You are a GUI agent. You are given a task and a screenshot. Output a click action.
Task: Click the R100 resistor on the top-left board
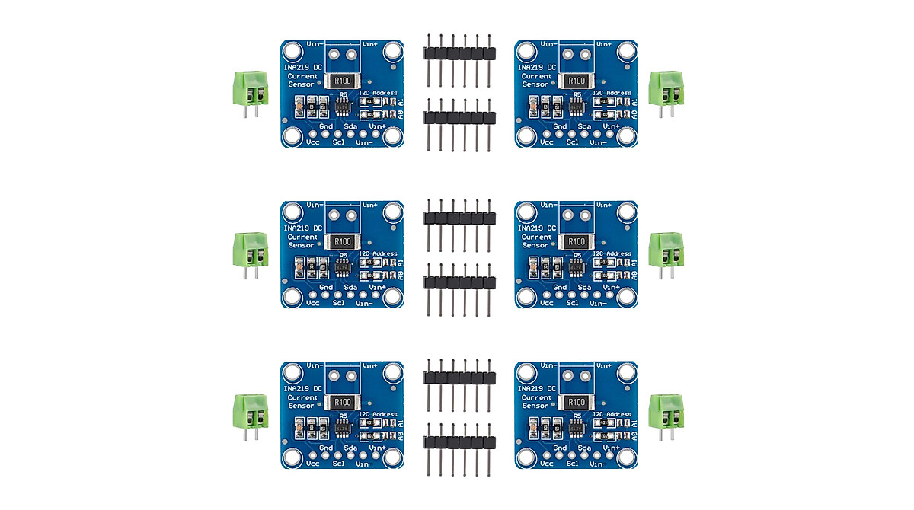coord(343,81)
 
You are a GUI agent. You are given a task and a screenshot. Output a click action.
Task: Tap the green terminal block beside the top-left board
coord(252,88)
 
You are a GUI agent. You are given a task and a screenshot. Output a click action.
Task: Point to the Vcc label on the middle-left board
coord(312,302)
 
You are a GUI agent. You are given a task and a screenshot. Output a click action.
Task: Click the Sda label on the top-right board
coord(584,126)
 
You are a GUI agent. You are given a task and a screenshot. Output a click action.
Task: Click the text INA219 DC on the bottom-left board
coord(304,388)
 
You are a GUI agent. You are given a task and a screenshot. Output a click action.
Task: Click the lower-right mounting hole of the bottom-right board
coord(626,457)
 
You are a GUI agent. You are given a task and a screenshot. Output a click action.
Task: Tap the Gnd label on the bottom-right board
coord(560,448)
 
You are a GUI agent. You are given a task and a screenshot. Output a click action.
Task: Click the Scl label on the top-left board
coord(339,142)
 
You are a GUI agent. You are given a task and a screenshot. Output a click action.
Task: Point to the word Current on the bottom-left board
coord(303,397)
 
